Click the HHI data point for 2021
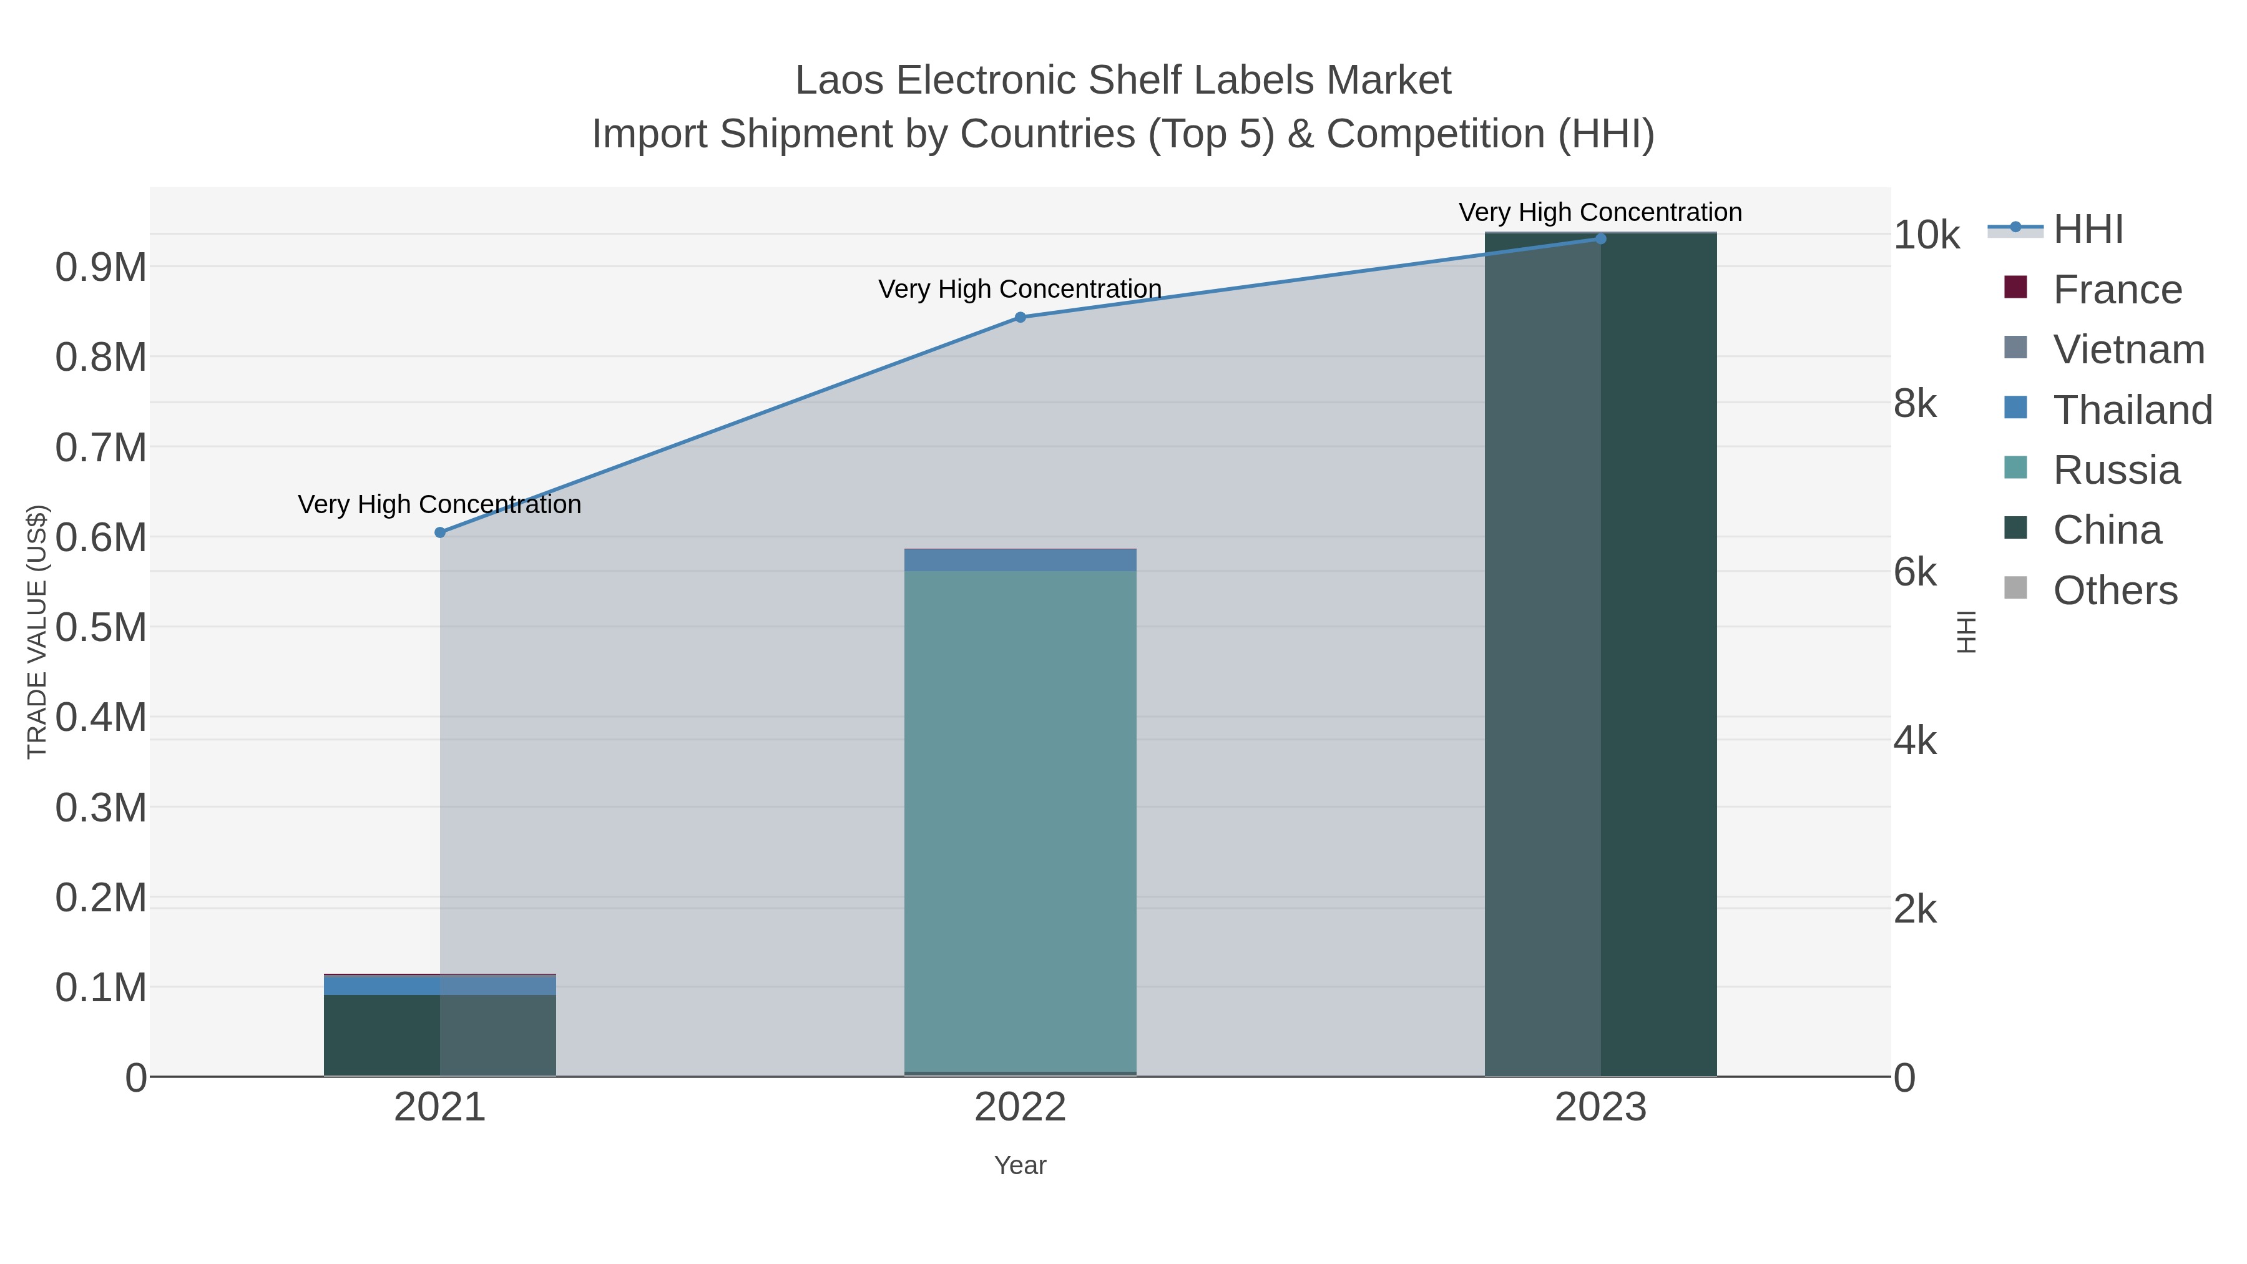tap(439, 532)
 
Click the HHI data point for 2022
tap(1020, 318)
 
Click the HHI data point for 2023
tap(1600, 239)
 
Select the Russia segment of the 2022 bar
tap(1020, 820)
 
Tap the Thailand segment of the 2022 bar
tap(1020, 560)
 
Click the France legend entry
tap(2117, 290)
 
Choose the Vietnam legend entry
tap(2128, 350)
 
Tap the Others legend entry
tap(2115, 590)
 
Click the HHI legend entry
tap(2087, 230)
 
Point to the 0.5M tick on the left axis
tap(101, 627)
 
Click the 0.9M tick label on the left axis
tap(101, 267)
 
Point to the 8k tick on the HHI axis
tap(1916, 404)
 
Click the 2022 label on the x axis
tap(1020, 1108)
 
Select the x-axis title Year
tap(1020, 1165)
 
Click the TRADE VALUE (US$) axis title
tap(37, 632)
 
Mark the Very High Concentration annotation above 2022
tap(1020, 289)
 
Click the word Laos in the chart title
tap(840, 81)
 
